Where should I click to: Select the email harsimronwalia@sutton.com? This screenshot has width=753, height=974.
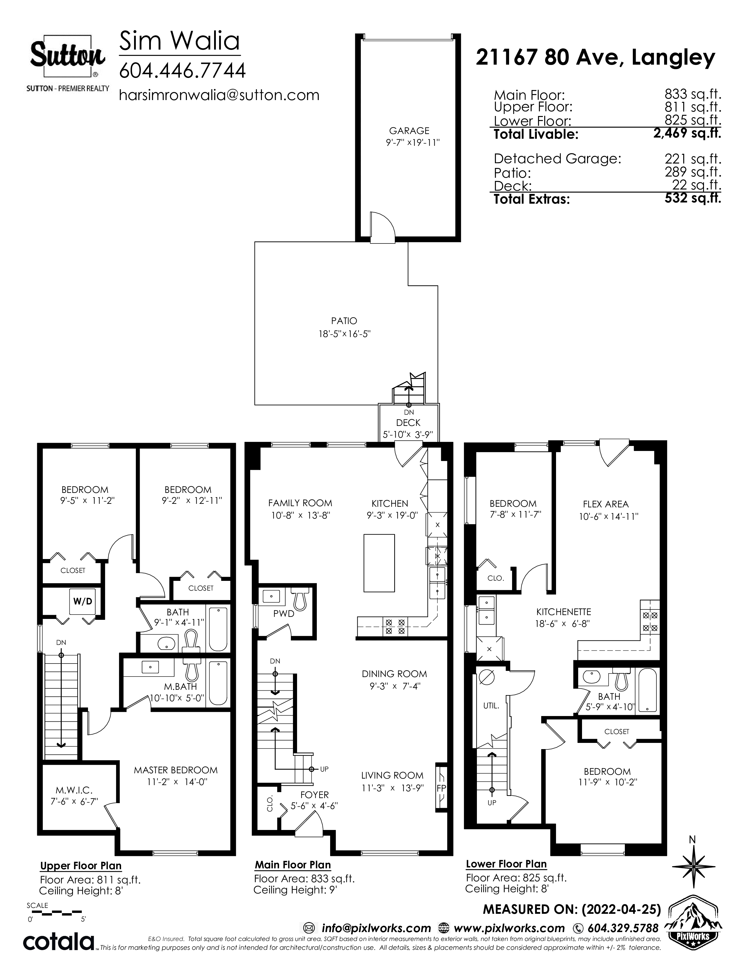point(219,95)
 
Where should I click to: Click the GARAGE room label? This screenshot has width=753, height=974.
point(409,131)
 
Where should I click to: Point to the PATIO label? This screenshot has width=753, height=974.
point(344,321)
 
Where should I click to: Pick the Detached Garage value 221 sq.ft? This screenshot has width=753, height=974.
point(693,159)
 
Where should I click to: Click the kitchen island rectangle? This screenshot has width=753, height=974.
point(379,563)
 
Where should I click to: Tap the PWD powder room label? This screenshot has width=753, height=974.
point(284,614)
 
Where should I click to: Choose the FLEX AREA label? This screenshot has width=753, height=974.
point(605,504)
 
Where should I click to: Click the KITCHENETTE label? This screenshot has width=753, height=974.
point(563,612)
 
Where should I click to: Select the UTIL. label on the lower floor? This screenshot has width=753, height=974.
point(491,706)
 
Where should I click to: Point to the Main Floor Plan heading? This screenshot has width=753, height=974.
point(293,865)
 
